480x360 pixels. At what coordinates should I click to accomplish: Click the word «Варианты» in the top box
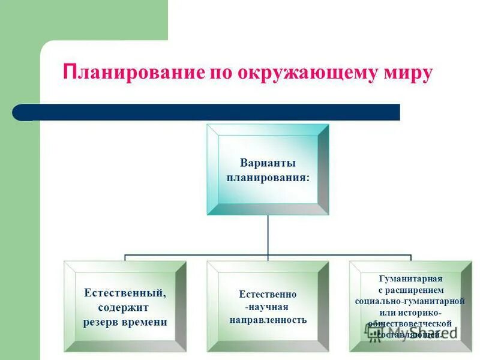coord(268,163)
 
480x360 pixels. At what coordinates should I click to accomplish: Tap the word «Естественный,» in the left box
coord(125,293)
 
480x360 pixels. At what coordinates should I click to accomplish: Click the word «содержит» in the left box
coord(125,307)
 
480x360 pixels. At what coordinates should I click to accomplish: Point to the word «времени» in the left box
coord(145,322)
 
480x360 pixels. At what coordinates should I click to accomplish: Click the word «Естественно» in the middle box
coord(268,295)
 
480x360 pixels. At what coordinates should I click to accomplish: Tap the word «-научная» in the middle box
coord(268,307)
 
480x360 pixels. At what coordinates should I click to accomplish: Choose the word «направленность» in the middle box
coord(268,320)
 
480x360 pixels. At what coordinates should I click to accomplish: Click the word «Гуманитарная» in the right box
coord(410,279)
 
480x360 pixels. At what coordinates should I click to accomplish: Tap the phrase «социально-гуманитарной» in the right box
coord(410,301)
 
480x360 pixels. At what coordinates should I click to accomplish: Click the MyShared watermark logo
coord(414,331)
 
